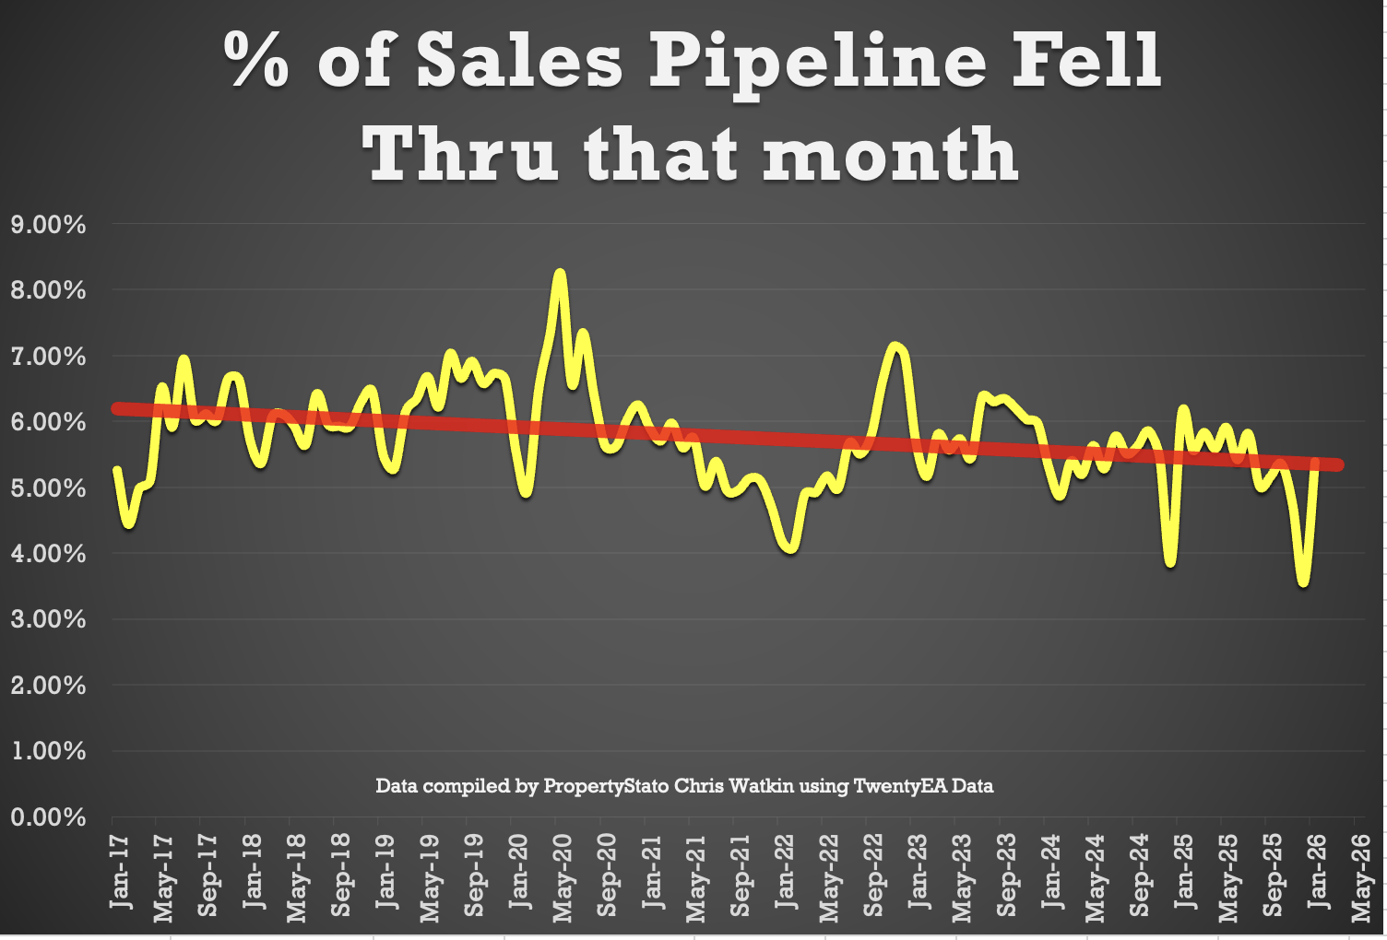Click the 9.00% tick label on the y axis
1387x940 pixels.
48,225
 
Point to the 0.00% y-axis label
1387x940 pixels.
48,817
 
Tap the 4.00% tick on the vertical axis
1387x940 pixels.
48,554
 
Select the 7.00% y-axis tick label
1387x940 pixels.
48,357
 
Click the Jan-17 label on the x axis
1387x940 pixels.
120,872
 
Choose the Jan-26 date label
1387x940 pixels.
1317,872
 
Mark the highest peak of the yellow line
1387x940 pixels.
559,274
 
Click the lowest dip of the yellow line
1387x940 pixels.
1303,582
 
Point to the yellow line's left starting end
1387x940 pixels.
117,470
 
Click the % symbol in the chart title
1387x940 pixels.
257,61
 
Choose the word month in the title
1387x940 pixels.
890,154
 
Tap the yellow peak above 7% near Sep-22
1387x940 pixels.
895,347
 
